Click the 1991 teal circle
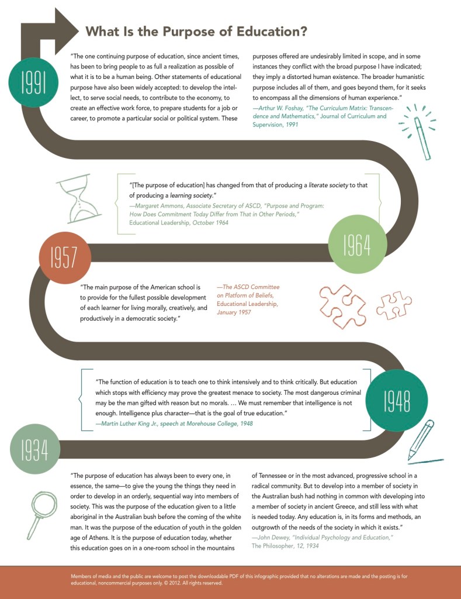click(x=34, y=84)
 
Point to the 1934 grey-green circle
click(x=35, y=449)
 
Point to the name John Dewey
click(x=275, y=537)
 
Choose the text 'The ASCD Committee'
click(x=248, y=287)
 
